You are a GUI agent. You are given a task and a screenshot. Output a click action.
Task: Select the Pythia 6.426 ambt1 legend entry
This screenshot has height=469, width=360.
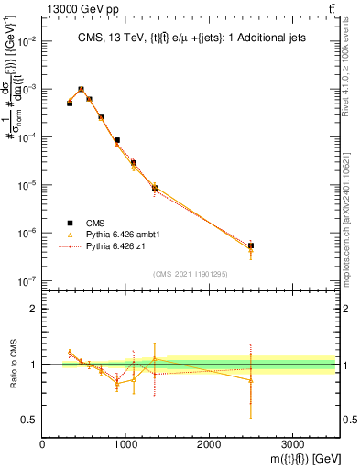point(118,234)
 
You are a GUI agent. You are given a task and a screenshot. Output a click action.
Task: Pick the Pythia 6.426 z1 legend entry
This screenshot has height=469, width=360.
point(112,246)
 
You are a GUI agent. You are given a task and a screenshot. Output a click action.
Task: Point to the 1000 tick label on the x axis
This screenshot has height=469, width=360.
point(125,444)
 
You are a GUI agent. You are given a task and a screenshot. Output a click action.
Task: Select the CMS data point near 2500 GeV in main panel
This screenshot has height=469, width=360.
point(251,245)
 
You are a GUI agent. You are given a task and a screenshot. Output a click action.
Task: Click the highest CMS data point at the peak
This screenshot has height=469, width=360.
point(82,90)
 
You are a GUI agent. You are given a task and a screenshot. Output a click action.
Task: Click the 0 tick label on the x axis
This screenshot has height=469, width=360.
point(43,444)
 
